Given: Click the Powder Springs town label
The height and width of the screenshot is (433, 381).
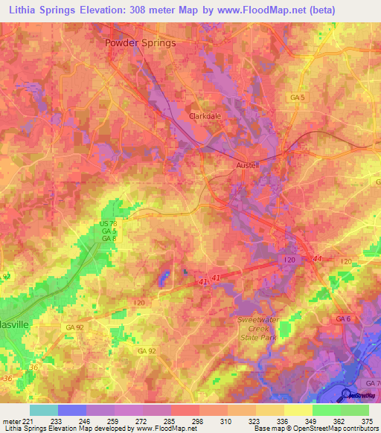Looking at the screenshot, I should tap(140, 43).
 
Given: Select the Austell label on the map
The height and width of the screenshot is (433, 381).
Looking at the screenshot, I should tap(247, 165).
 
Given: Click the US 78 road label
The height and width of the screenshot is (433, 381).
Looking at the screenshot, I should tap(109, 224).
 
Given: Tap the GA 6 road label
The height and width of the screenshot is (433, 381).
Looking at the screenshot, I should tap(343, 318).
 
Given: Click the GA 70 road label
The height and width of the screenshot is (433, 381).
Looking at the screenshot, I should tap(373, 383).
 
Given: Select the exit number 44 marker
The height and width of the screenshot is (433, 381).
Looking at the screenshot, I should tap(318, 257).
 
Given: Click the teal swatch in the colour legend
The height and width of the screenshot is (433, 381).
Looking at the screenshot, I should tap(44, 410).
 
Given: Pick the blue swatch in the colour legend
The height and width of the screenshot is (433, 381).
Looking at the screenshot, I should tap(72, 410).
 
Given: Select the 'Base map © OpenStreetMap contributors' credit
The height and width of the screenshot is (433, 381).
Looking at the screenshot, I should tap(315, 429).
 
